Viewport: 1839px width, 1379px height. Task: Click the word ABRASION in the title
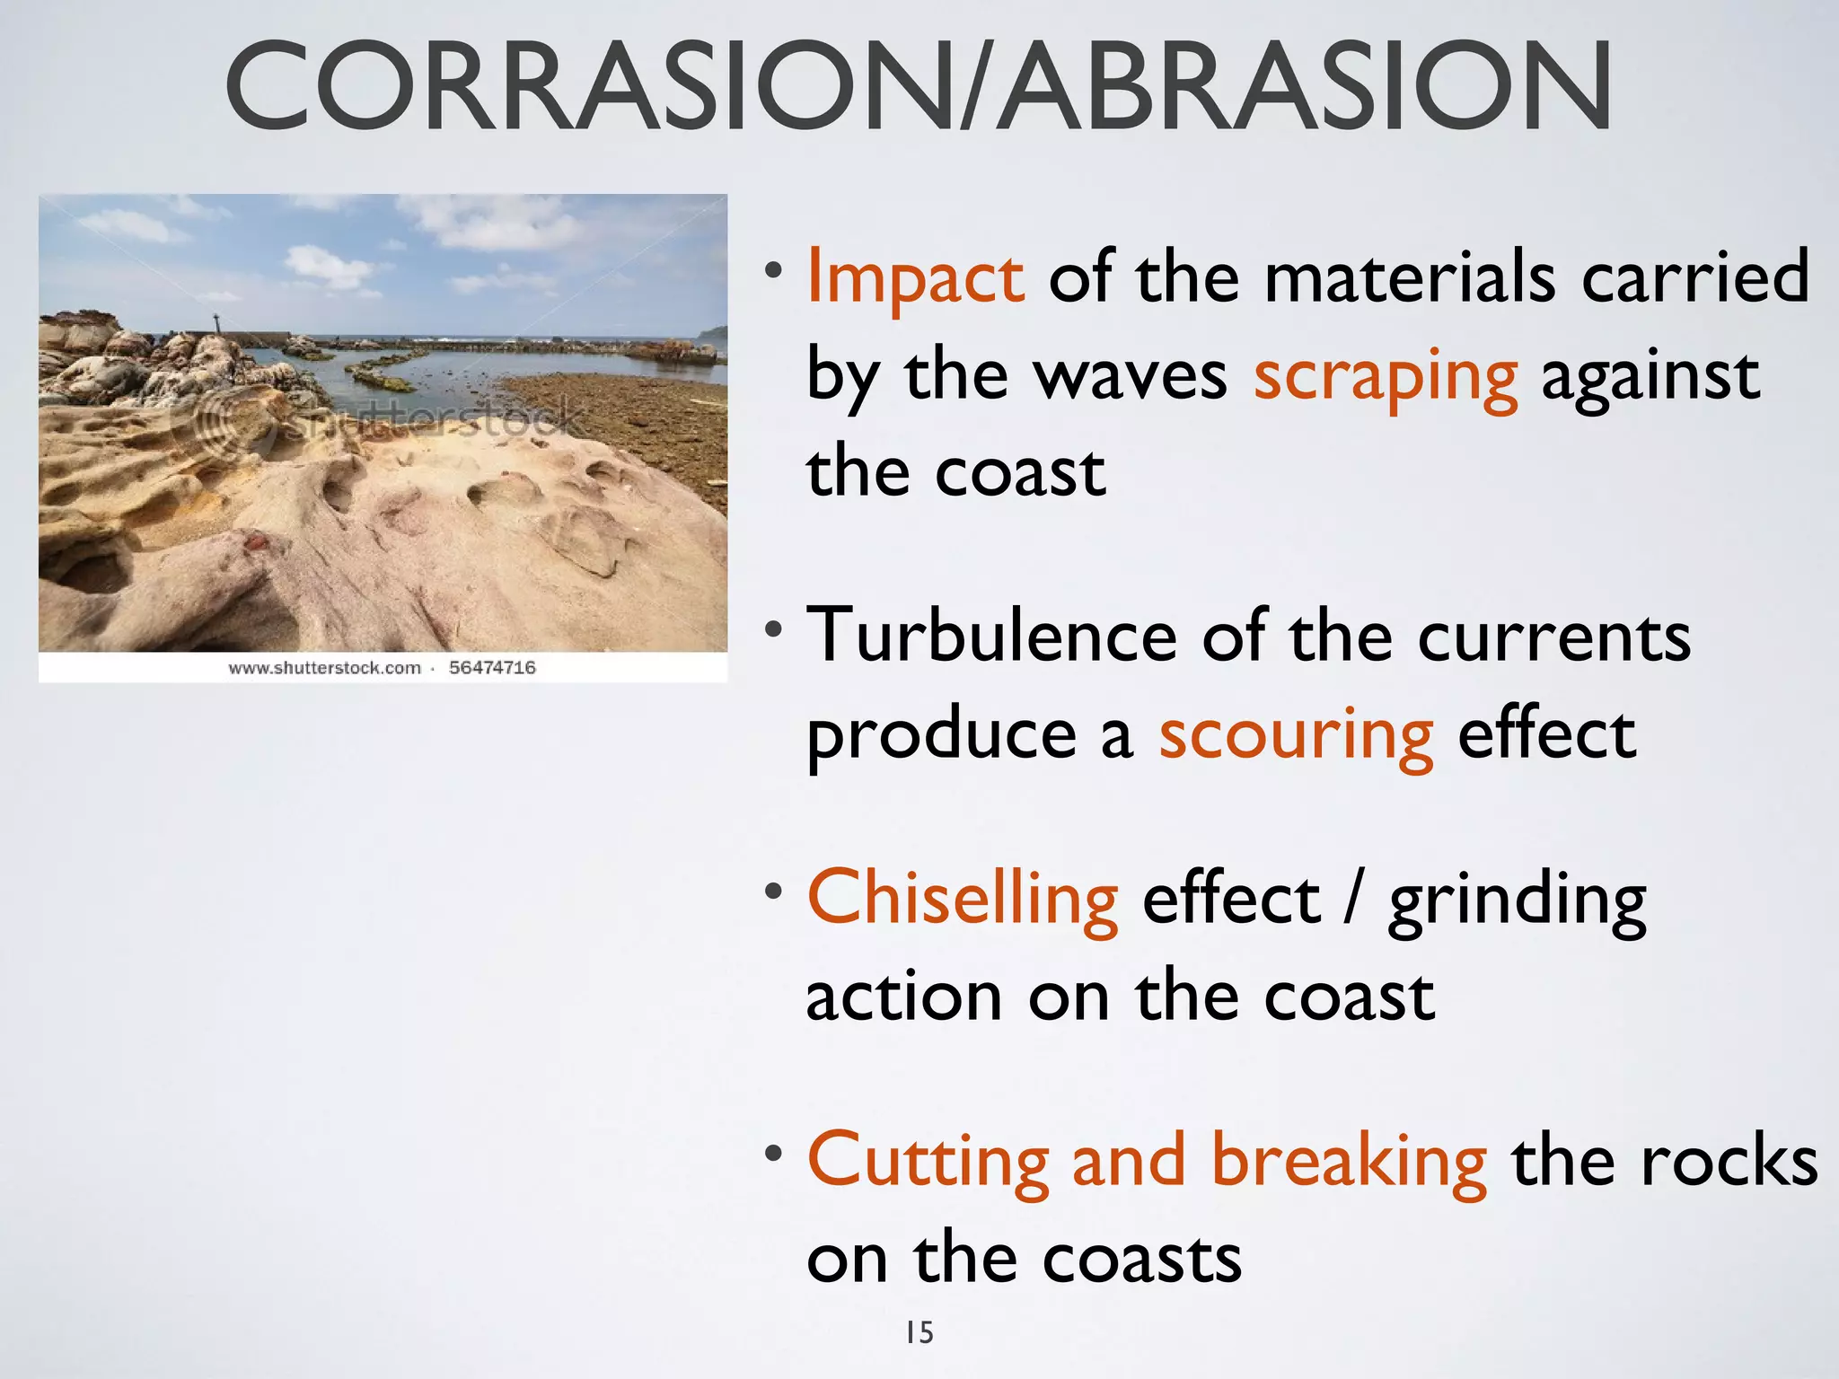pos(1307,87)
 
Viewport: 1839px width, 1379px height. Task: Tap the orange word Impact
pos(914,278)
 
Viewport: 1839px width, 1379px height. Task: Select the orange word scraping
pos(1385,377)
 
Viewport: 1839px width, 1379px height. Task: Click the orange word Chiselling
pos(962,898)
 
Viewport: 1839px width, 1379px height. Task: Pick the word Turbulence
pos(991,636)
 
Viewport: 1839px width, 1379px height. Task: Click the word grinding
pos(1517,901)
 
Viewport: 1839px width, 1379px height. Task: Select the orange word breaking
pos(1348,1162)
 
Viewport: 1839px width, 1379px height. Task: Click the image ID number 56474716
pos(492,668)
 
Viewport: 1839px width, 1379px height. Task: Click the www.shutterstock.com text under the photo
pos(324,668)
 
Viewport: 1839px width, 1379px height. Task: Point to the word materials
pos(1409,278)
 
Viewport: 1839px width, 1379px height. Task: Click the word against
pos(1650,377)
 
